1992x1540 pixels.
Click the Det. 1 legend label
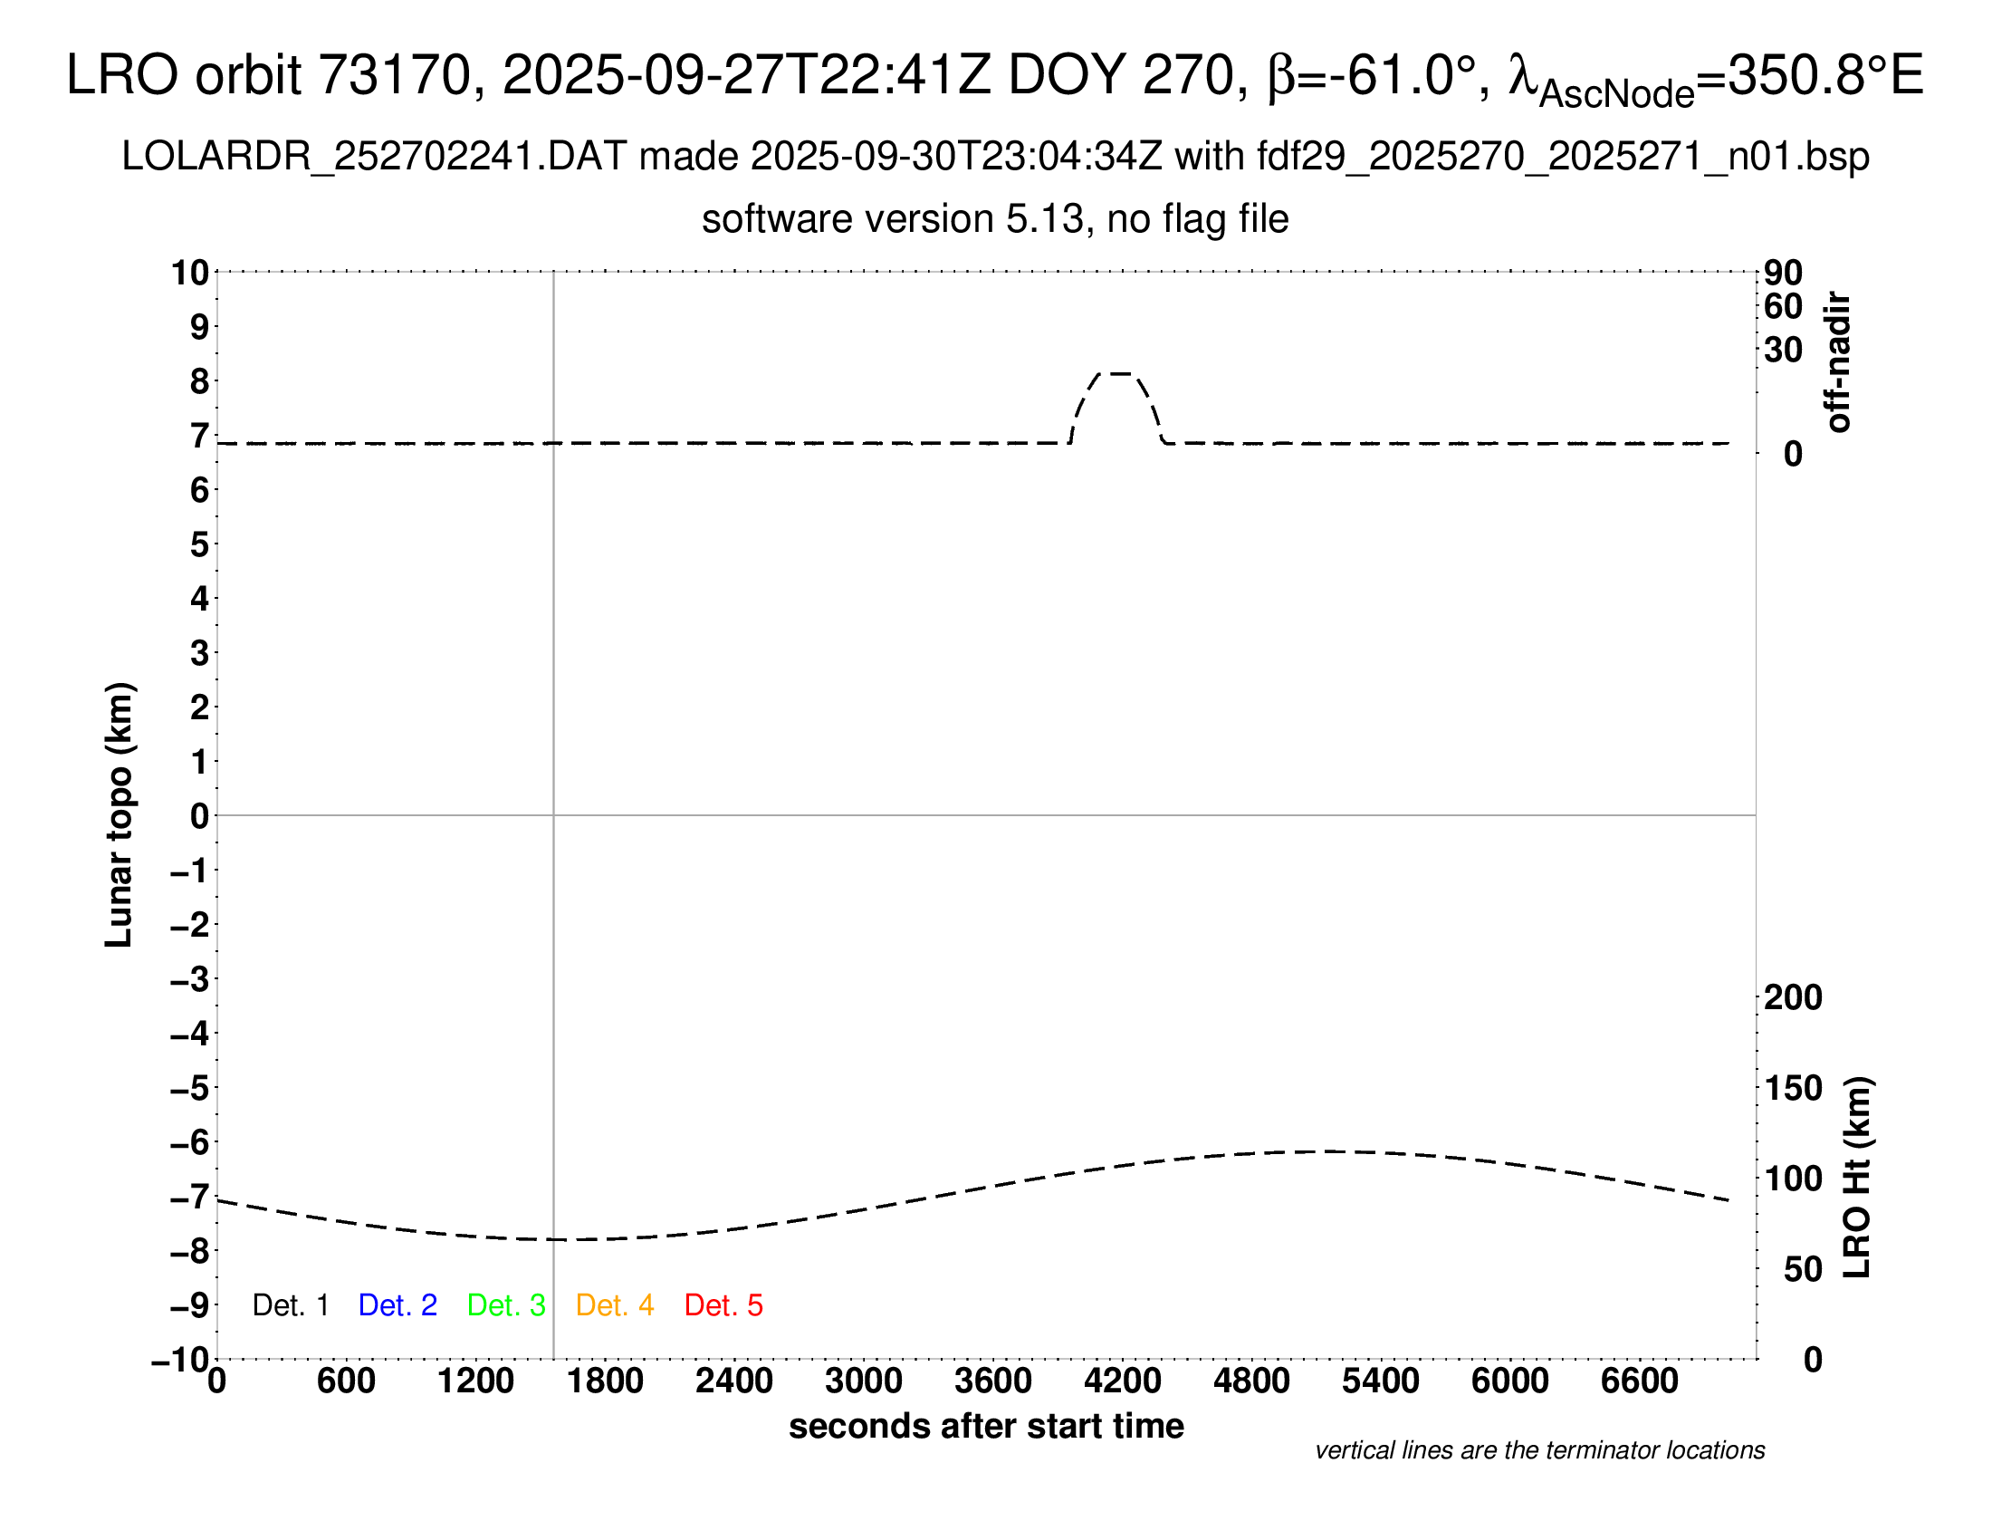click(290, 1305)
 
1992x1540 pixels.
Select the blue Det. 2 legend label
click(397, 1305)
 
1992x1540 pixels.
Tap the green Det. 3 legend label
click(506, 1305)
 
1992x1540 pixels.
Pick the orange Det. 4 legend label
click(615, 1305)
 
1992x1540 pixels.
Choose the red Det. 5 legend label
click(723, 1305)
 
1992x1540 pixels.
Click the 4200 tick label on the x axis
click(1122, 1381)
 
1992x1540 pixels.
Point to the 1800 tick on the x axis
click(605, 1381)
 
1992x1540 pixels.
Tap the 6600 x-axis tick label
click(1639, 1381)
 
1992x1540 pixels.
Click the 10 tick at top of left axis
click(191, 272)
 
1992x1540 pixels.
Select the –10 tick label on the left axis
click(180, 1360)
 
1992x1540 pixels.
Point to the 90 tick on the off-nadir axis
click(1783, 272)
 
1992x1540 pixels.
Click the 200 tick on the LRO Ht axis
click(1792, 997)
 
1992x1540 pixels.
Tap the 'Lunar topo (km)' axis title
click(120, 814)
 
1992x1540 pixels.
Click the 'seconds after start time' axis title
click(986, 1426)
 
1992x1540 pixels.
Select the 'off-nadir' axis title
click(1837, 362)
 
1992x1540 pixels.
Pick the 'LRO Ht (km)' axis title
click(1857, 1178)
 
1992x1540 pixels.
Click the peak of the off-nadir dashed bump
click(1115, 373)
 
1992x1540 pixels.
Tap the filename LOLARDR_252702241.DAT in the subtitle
click(374, 157)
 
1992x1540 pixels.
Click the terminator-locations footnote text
click(1539, 1450)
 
